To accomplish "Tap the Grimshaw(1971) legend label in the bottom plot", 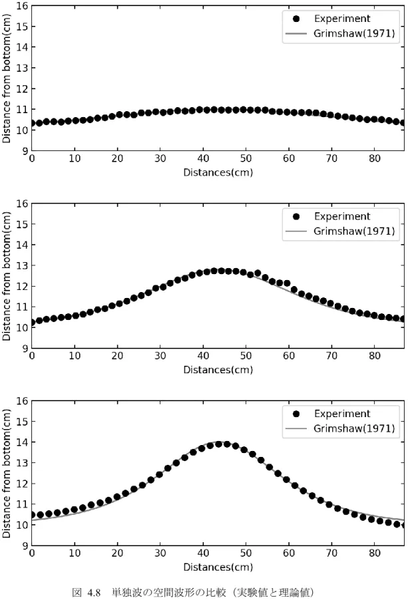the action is (x=354, y=428).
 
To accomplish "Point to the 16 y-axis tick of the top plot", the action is (x=23, y=6).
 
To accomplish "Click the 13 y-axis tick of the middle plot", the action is (x=23, y=265).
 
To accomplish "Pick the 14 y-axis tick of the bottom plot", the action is (x=23, y=442).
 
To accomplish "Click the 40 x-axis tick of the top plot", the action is (x=203, y=158).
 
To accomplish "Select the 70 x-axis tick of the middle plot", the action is (x=332, y=356).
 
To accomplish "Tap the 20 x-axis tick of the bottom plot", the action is (x=118, y=553).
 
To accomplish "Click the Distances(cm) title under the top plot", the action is (x=218, y=172).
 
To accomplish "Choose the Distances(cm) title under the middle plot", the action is (x=218, y=370).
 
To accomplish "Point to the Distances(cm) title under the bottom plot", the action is (x=218, y=567).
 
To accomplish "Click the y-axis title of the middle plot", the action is (x=7, y=277).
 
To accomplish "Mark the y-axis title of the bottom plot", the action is (x=7, y=474).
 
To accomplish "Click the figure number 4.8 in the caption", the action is (x=94, y=593).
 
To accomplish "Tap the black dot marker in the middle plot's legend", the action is (x=296, y=217).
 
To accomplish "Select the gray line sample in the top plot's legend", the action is (x=296, y=34).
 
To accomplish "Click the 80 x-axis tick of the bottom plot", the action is (x=375, y=553).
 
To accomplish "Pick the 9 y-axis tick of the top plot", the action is (x=25, y=151).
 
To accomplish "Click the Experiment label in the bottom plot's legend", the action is (x=342, y=414).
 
